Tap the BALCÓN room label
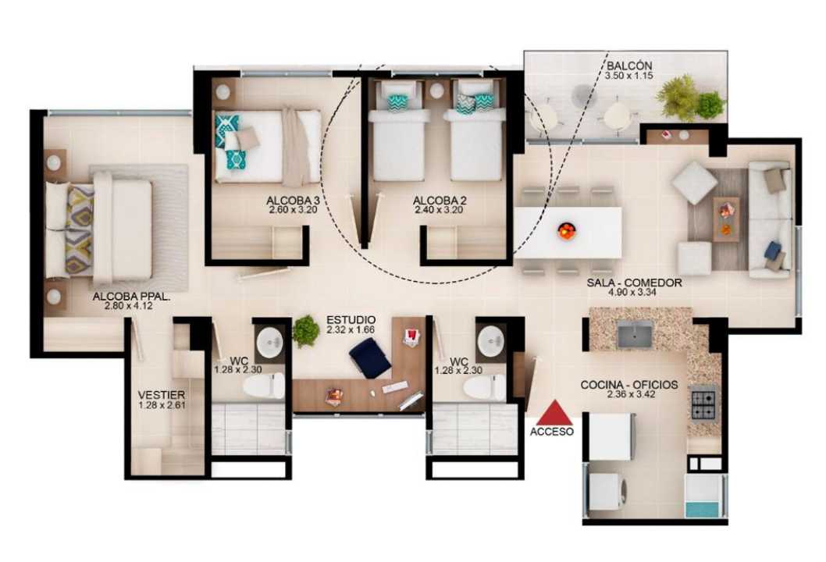point(629,66)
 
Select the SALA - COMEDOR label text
point(634,283)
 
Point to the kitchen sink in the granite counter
point(634,335)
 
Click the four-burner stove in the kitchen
point(703,403)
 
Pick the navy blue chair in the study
point(370,357)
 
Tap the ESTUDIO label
point(351,320)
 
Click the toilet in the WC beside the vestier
point(264,386)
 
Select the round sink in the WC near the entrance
point(491,340)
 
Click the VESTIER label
point(161,395)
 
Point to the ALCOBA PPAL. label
point(131,297)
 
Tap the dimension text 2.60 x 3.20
point(292,210)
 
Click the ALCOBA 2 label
point(440,201)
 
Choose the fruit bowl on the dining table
point(566,230)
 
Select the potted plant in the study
point(305,331)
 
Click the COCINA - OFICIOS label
point(629,385)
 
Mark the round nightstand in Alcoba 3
point(223,91)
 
